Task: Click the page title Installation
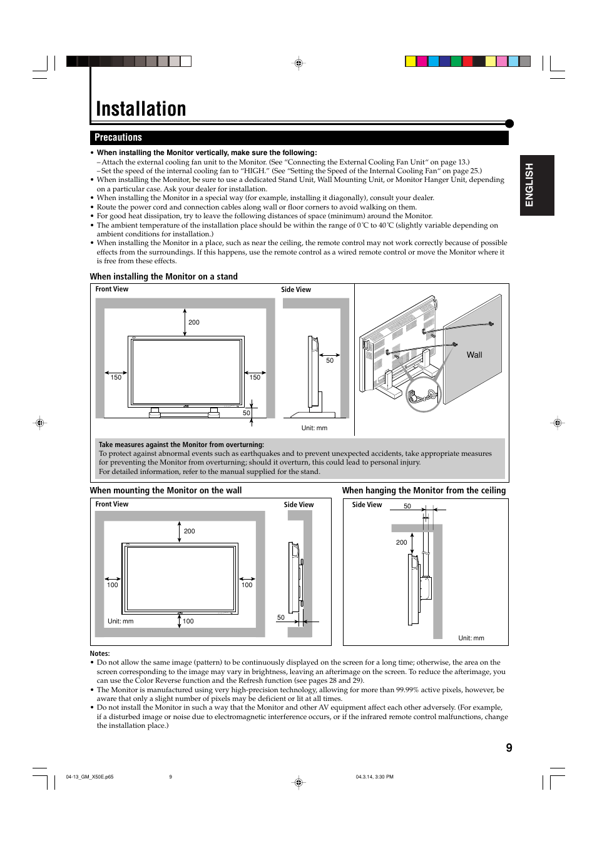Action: point(141,109)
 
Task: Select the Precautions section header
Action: point(118,138)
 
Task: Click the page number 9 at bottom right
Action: point(509,748)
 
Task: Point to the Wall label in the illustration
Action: point(474,355)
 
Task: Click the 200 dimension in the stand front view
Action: point(194,323)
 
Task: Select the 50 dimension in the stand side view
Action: point(330,361)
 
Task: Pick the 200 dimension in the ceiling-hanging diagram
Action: point(401,543)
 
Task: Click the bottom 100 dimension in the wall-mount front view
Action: point(188,622)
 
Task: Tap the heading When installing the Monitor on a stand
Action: point(163,276)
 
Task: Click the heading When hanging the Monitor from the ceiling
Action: point(424,491)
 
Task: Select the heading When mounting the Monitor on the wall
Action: point(166,491)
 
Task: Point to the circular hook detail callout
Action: point(424,394)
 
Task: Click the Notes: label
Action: point(99,653)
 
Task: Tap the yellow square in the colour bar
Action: point(411,61)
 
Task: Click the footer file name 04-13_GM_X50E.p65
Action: point(89,777)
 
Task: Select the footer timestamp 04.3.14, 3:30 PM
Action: point(374,777)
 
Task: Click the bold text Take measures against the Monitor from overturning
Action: point(181,445)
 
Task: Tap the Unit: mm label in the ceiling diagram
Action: point(471,638)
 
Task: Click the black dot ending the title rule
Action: point(509,124)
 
